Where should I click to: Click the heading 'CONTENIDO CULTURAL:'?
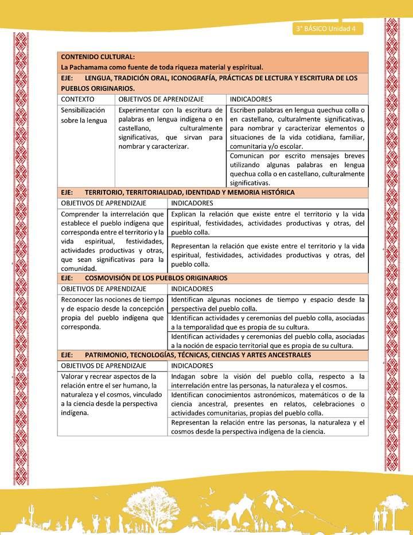(98, 57)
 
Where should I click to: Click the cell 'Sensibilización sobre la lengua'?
(84, 115)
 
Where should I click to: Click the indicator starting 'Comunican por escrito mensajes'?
(297, 169)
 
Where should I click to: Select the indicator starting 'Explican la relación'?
(268, 223)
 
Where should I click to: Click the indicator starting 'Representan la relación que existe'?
(268, 255)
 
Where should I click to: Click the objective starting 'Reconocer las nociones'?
(112, 313)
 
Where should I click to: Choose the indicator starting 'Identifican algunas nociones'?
(268, 304)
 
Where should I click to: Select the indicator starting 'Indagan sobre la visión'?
(268, 380)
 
